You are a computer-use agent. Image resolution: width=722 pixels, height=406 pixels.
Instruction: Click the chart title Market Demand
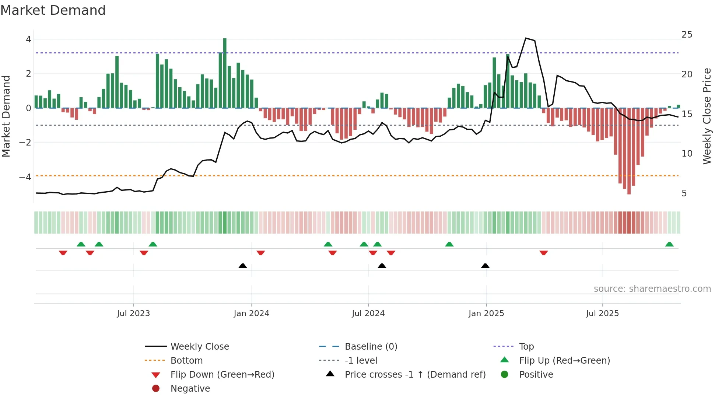coord(53,10)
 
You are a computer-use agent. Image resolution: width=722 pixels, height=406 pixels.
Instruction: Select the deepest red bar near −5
coord(629,151)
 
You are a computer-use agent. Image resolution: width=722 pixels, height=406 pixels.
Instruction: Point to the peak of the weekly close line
coord(526,38)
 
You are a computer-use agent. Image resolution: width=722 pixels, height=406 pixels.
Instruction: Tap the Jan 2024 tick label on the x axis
coord(252,314)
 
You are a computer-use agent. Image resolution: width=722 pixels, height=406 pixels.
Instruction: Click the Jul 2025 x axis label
coord(602,314)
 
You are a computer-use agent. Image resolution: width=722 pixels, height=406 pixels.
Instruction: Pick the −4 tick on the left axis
coord(25,177)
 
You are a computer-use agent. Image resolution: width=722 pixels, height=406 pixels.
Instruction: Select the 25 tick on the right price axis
coord(687,35)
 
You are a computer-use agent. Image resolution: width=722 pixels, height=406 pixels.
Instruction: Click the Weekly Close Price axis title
coord(707,116)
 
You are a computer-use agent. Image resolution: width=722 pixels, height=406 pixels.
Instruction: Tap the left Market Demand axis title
coord(6,116)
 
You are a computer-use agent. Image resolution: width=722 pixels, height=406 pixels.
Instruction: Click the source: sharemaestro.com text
coord(652,289)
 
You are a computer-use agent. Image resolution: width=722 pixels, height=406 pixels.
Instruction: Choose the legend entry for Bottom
coord(186,360)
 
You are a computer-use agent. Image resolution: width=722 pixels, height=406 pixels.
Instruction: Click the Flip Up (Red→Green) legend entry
coord(564,360)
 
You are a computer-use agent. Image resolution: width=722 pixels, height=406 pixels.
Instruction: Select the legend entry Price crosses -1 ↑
coord(415,374)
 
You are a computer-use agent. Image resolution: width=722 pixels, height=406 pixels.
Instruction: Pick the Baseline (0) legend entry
coord(371,346)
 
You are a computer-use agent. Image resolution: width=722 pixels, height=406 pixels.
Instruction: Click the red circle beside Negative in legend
coord(156,388)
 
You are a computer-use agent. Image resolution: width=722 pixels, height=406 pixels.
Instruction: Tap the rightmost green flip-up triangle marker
coord(669,245)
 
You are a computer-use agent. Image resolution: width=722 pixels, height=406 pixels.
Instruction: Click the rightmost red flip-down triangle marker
coord(544,253)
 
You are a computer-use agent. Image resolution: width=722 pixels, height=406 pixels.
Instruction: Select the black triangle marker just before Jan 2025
coord(485,266)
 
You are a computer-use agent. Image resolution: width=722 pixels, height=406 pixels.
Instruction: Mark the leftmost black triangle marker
coord(243,266)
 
